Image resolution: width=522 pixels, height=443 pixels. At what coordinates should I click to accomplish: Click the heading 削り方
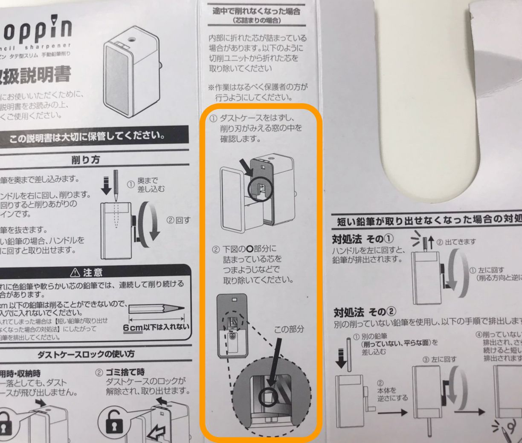(86, 160)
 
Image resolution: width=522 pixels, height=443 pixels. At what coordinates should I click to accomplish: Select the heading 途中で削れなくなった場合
(256, 11)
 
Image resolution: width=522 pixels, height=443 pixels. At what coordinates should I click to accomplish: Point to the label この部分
(289, 329)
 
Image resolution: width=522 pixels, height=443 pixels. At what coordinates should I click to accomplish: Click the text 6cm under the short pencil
(133, 328)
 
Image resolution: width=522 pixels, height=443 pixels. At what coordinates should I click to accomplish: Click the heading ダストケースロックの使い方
(86, 354)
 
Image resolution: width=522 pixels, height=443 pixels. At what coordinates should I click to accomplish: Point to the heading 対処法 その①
(363, 239)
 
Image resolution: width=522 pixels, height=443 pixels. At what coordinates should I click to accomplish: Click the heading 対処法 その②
(365, 312)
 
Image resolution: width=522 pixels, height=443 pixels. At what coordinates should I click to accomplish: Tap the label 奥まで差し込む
(147, 184)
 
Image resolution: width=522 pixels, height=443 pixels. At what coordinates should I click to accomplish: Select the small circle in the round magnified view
(269, 397)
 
